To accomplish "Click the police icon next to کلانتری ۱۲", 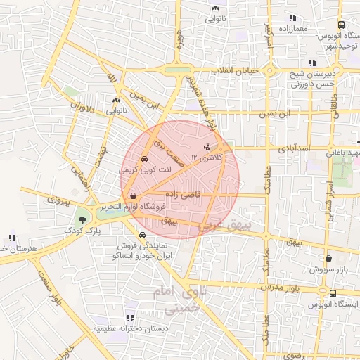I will tap(207, 148).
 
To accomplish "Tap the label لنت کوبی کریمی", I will tap(145, 169).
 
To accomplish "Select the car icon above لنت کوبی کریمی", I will tap(145, 159).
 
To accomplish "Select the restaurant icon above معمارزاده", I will tap(292, 18).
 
